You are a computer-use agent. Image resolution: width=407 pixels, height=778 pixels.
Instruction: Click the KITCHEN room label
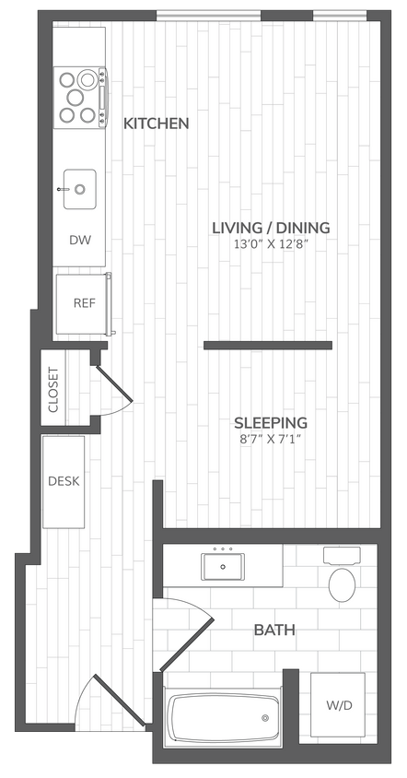157,123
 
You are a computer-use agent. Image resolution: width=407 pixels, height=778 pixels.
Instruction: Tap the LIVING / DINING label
271,228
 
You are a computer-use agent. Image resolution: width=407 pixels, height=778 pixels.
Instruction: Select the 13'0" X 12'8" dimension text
271,244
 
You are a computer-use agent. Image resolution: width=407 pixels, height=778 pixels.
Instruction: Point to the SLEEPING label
270,422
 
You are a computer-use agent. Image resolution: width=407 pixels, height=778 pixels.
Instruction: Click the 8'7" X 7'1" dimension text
270,439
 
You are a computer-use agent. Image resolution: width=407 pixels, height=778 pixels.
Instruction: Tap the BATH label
274,631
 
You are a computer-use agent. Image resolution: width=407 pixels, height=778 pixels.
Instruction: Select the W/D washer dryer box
337,705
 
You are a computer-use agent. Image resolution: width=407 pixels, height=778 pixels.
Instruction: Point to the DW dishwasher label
80,240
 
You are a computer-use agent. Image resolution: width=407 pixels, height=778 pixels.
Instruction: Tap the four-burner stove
79,97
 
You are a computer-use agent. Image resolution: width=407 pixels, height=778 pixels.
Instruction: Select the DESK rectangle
64,481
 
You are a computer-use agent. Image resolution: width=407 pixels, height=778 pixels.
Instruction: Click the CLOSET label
52,389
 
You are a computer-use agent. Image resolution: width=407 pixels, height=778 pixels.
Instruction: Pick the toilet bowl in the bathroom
343,583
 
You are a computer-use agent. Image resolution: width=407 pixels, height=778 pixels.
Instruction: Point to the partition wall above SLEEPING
267,346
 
